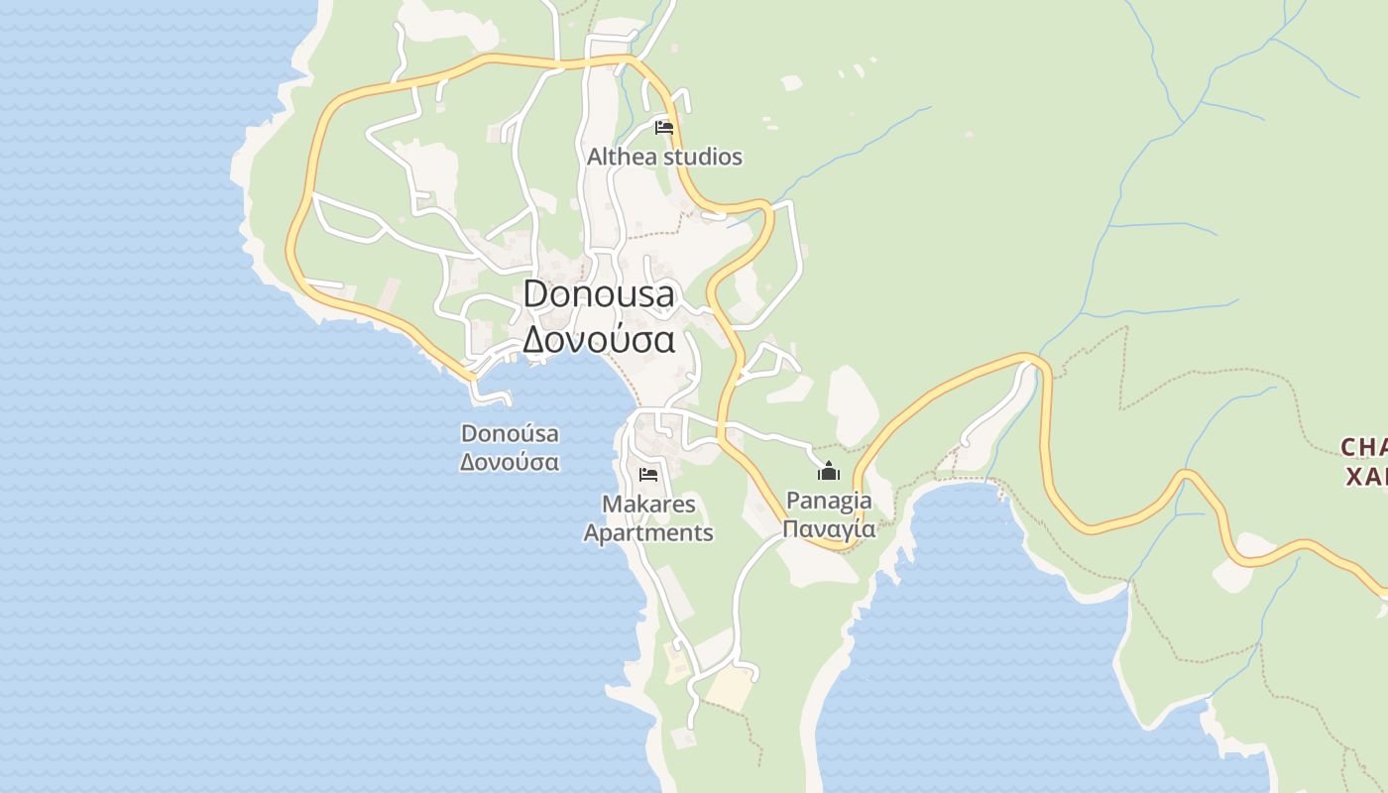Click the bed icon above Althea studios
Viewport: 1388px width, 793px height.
coord(664,128)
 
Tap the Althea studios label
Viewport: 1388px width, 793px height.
coord(664,157)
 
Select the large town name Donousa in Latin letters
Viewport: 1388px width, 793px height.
coord(599,293)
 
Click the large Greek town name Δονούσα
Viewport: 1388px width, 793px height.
coord(599,339)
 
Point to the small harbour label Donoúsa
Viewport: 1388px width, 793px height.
coord(510,434)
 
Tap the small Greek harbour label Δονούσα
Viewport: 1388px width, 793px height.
coord(510,462)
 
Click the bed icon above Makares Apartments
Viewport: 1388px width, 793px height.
coord(648,475)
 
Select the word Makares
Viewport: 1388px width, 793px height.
coord(648,505)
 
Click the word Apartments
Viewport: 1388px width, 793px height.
coord(648,532)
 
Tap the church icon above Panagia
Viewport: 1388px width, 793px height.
coord(829,471)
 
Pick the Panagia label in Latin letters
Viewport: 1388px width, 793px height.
coord(829,501)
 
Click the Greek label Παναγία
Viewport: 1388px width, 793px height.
coord(829,528)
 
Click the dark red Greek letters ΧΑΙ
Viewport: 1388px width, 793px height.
coord(1366,477)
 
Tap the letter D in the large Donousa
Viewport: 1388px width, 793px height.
coord(534,293)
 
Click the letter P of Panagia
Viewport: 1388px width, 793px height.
coord(792,501)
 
